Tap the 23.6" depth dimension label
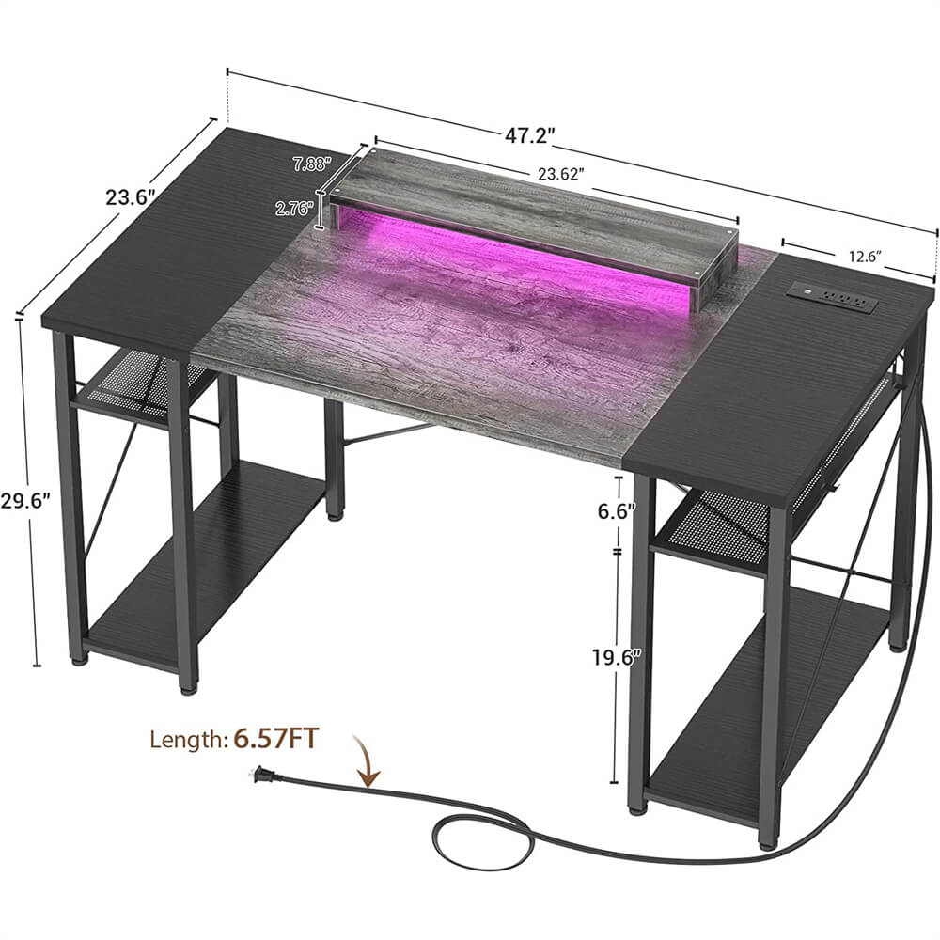click(x=130, y=197)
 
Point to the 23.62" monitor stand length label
click(x=560, y=175)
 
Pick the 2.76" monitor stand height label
click(x=294, y=209)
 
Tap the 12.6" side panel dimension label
click(x=865, y=257)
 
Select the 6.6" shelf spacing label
click(x=616, y=510)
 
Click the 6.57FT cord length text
click(x=275, y=739)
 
